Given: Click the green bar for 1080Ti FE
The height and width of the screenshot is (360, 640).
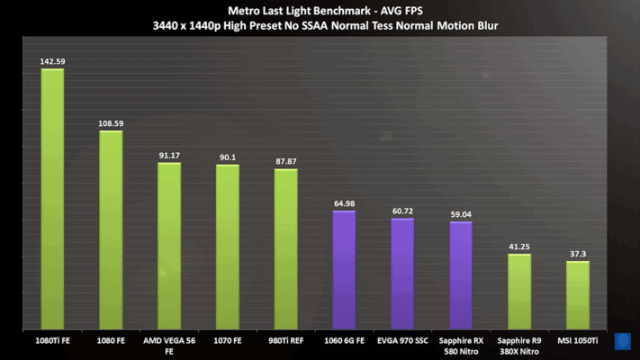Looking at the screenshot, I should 52,198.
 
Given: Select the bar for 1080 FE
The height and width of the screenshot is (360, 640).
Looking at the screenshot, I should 111,229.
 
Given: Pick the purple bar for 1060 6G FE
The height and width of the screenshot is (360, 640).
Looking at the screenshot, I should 344,269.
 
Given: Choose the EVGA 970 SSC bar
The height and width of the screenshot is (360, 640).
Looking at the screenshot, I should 402,273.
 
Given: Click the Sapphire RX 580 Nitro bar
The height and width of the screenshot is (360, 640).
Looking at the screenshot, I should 461,274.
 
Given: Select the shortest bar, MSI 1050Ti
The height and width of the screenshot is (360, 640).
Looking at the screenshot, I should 578,294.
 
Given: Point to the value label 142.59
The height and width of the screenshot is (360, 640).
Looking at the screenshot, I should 52,62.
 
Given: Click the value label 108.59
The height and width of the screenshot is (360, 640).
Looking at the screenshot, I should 111,123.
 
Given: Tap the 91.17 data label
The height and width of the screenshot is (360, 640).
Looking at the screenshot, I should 169,156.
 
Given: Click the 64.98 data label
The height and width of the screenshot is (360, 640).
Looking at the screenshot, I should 344,203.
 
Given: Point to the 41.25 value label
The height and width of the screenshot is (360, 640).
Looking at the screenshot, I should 519,247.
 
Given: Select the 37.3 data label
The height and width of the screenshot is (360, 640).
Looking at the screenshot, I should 578,254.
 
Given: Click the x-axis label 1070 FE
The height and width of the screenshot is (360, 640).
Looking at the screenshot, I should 227,341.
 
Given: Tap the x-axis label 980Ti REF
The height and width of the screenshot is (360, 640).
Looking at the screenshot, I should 285,341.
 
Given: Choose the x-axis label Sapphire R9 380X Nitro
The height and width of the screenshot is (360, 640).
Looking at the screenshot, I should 519,346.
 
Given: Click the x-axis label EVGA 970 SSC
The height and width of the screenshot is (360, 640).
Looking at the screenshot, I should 402,341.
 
